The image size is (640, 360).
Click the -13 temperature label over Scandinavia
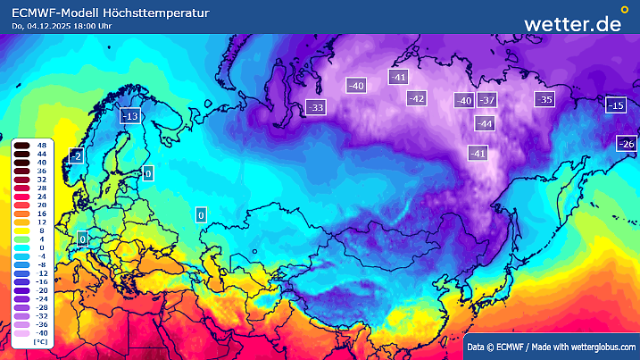pyautogui.click(x=130, y=116)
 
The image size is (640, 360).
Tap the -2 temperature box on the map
pyautogui.click(x=76, y=156)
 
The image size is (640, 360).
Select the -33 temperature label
pyautogui.click(x=315, y=107)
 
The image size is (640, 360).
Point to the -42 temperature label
pyautogui.click(x=416, y=98)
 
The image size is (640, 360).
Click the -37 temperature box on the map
pyautogui.click(x=487, y=100)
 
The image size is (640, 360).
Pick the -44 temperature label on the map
pyautogui.click(x=485, y=123)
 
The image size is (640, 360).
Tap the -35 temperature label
pyautogui.click(x=544, y=99)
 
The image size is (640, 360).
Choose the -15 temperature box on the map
pyautogui.click(x=615, y=105)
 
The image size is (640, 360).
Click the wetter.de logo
pyautogui.click(x=572, y=24)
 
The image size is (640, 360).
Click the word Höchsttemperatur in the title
pyautogui.click(x=157, y=13)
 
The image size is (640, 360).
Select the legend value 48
pyautogui.click(x=42, y=145)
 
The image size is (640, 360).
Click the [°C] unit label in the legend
pyautogui.click(x=40, y=342)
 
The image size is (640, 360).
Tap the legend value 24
pyautogui.click(x=42, y=196)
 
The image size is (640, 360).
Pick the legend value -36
pyautogui.click(x=41, y=324)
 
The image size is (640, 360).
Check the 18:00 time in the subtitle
pyautogui.click(x=85, y=26)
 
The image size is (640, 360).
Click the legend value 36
pyautogui.click(x=42, y=170)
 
